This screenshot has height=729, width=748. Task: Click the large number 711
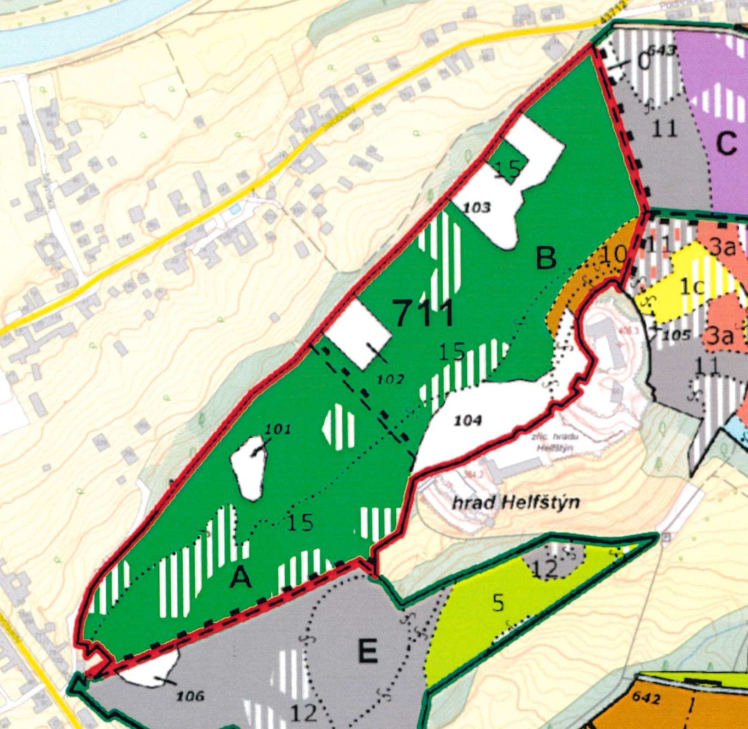[x=424, y=314]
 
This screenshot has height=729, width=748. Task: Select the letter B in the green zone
[x=545, y=258]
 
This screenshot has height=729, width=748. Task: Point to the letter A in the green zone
[x=241, y=578]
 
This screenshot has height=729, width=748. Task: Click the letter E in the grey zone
[x=367, y=652]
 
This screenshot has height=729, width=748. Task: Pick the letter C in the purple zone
[x=727, y=144]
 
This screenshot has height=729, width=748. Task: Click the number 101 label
[x=277, y=429]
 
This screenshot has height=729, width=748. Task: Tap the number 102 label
[x=391, y=379]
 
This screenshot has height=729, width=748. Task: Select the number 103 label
[x=477, y=208]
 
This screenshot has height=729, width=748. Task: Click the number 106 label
[x=190, y=696]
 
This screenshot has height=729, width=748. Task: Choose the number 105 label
[x=676, y=335]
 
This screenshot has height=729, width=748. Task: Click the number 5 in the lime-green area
[x=498, y=603]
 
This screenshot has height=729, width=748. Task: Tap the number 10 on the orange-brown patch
[x=613, y=254]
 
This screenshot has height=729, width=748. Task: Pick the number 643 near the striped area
[x=661, y=51]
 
